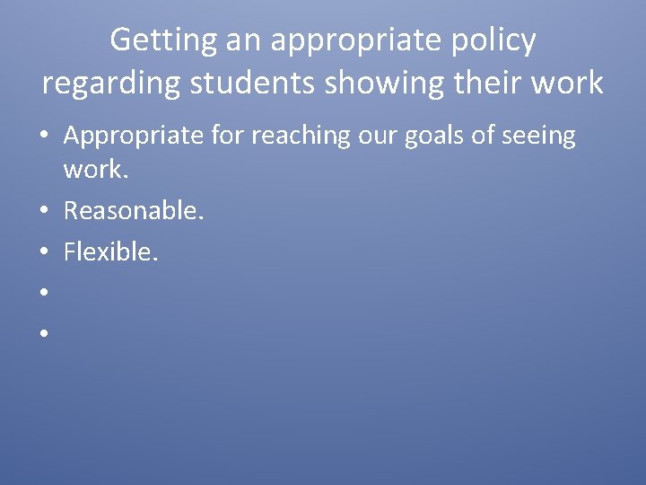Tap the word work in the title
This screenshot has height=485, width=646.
click(568, 83)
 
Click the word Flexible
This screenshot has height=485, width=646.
click(111, 252)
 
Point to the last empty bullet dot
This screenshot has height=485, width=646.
click(43, 334)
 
